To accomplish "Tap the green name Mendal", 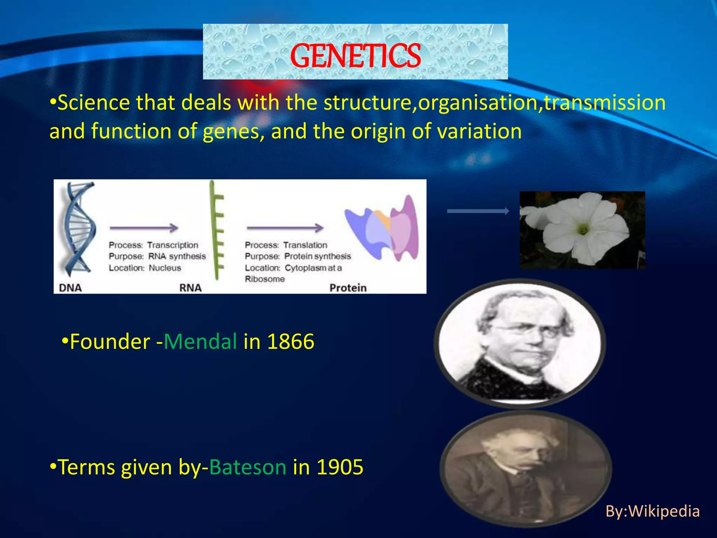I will point(200,342).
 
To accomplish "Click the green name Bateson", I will point(248,467).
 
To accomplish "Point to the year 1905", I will point(340,467).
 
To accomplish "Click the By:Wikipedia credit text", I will point(653,511).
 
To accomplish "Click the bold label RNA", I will point(190,288).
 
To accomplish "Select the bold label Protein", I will point(348,288).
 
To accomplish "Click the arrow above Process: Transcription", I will point(144,228).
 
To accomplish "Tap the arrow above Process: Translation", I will point(285,228).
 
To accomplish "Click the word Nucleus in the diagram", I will point(165,268).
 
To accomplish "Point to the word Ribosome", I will point(265,279).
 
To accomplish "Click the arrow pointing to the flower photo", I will point(478,211).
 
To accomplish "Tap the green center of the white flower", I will point(583,230).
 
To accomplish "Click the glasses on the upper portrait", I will point(525,330).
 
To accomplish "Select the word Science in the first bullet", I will point(93,103).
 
